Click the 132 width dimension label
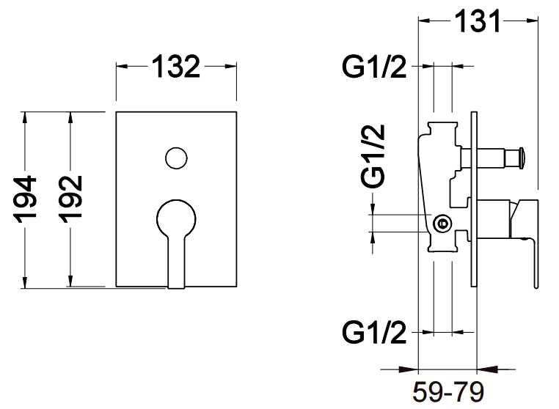pos(176,67)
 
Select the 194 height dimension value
pos(27,199)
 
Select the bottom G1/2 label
pos(373,334)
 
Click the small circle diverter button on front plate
pos(175,158)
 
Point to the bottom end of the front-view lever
pos(177,282)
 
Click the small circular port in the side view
pos(442,224)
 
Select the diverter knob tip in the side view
pos(522,156)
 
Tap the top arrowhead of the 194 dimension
pos(26,117)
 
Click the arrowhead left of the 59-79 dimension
pos(410,369)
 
